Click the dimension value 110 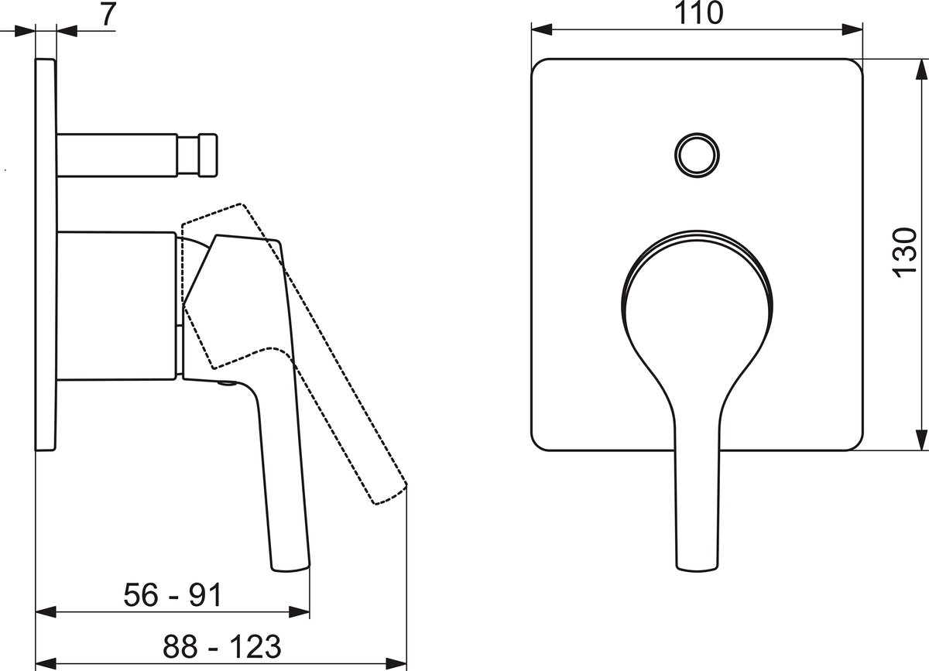pyautogui.click(x=699, y=13)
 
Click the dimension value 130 pyautogui.click(x=904, y=252)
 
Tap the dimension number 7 pyautogui.click(x=108, y=14)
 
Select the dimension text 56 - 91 pyautogui.click(x=173, y=594)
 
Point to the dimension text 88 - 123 pyautogui.click(x=222, y=646)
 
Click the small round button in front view pyautogui.click(x=698, y=156)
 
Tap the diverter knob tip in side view pyautogui.click(x=207, y=155)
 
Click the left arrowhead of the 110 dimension pyautogui.click(x=542, y=29)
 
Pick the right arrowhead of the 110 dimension pyautogui.click(x=852, y=29)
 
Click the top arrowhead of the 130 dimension pyautogui.click(x=921, y=69)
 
